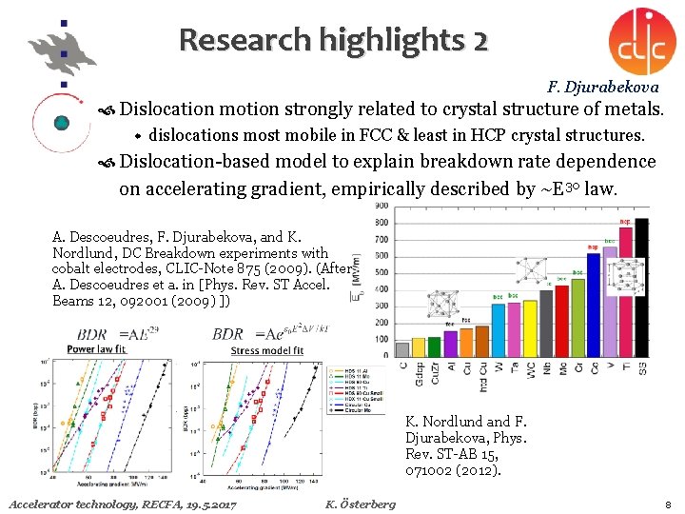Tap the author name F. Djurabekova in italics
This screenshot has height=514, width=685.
click(604, 87)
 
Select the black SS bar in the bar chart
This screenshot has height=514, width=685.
click(641, 285)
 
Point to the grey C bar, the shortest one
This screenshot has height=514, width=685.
click(402, 349)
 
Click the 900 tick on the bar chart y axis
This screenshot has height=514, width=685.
click(381, 205)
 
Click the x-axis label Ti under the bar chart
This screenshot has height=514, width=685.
click(625, 366)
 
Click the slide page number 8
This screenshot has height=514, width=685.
click(669, 504)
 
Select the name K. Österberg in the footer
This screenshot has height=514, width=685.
click(360, 504)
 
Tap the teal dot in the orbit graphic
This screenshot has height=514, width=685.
click(62, 122)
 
